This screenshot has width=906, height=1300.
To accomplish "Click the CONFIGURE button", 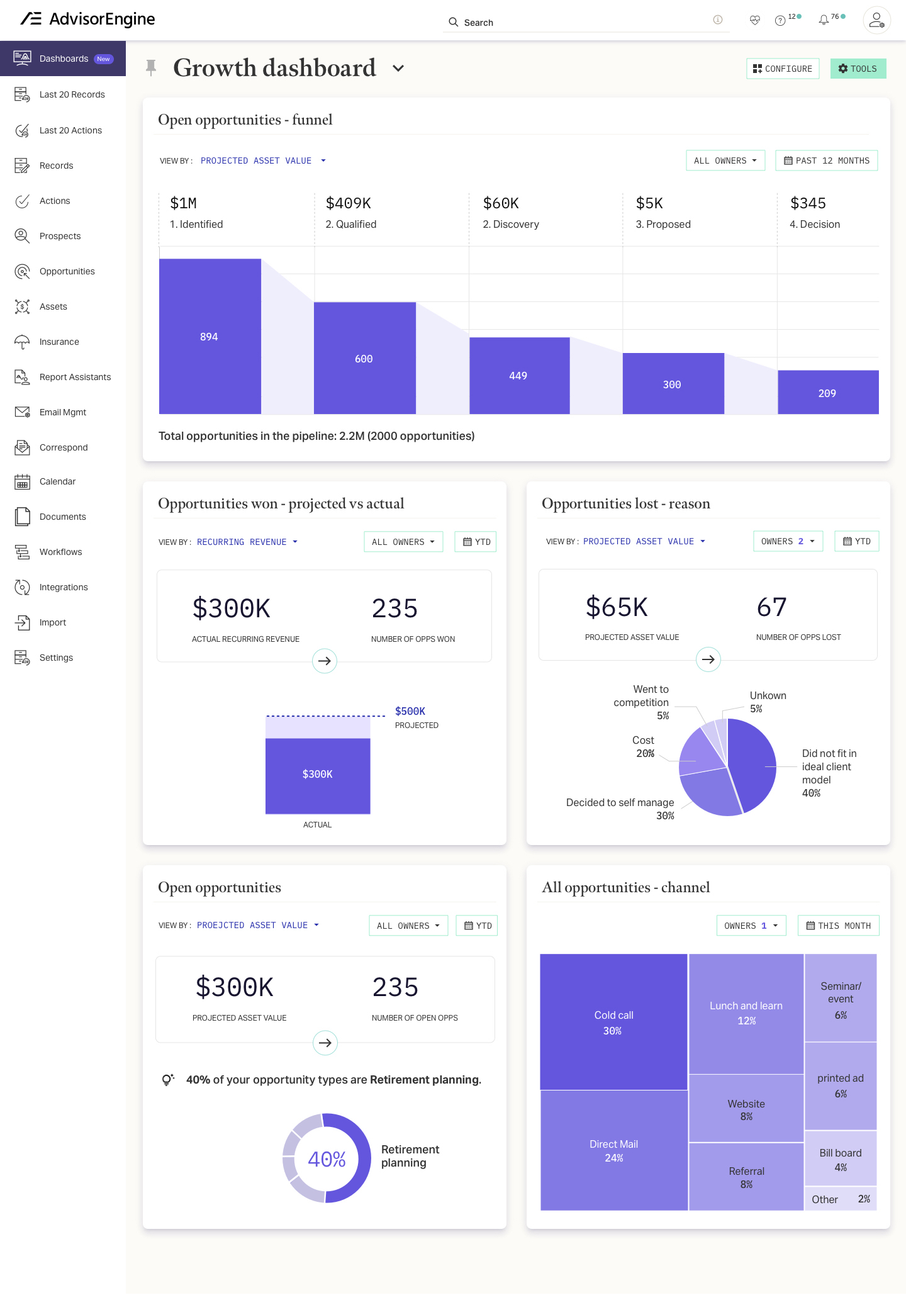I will click(x=782, y=69).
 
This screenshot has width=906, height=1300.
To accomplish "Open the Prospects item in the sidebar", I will click(x=60, y=236).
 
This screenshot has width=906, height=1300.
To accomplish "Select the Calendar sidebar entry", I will click(x=57, y=481).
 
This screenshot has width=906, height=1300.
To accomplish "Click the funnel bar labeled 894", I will click(x=210, y=337).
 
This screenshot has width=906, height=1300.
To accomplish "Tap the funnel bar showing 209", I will click(x=827, y=393).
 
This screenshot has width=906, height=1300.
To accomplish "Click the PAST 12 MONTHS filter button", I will click(x=826, y=160).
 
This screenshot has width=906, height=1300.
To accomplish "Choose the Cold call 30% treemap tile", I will click(x=613, y=1022).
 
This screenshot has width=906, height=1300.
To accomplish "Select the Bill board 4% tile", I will click(x=840, y=1159).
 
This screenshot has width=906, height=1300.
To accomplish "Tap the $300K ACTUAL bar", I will click(x=318, y=775).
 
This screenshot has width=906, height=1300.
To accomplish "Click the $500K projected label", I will click(x=410, y=711).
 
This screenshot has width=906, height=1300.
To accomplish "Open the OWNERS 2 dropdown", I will click(x=788, y=541).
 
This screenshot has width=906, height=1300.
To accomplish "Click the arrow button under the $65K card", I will click(x=708, y=659).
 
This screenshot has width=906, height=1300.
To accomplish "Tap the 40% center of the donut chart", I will click(x=327, y=1159).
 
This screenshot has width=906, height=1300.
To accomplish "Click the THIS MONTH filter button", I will click(x=838, y=926).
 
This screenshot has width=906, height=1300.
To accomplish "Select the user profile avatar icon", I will click(x=876, y=21).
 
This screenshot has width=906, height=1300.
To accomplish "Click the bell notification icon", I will click(x=824, y=21).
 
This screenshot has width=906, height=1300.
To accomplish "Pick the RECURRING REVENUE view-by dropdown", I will click(x=247, y=542).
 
